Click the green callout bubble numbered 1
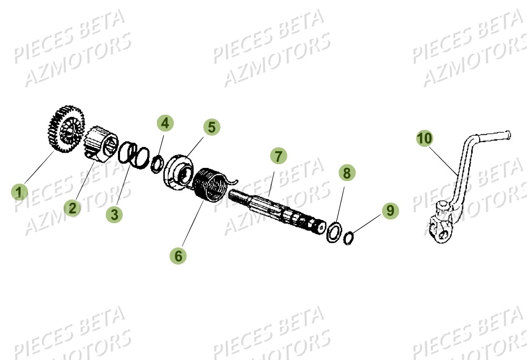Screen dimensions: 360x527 [x=19, y=192]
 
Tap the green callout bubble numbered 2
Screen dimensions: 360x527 [x=73, y=207]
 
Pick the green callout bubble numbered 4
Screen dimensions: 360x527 [x=165, y=124]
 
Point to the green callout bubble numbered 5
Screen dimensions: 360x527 [x=211, y=127]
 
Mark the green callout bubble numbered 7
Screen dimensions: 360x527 [x=279, y=156]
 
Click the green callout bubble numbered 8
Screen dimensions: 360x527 [x=345, y=172]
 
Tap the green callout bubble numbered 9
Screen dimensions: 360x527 [x=390, y=211]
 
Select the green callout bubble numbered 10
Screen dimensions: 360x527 [x=425, y=138]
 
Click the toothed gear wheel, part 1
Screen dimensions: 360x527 [x=65, y=129]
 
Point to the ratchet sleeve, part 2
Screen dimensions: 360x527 [x=101, y=142]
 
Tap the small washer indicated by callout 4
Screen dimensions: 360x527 [x=156, y=164]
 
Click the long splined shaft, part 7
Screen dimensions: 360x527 [x=279, y=210]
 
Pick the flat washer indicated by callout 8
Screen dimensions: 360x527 [x=333, y=232]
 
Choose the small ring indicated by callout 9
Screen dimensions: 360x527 [x=348, y=239]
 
